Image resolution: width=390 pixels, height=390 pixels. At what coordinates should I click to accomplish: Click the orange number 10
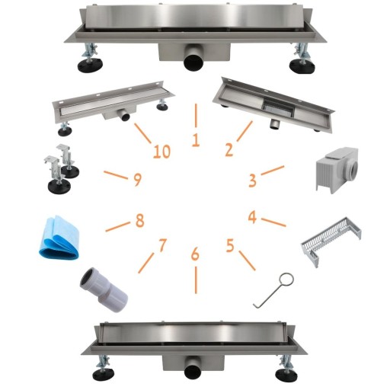(161, 152)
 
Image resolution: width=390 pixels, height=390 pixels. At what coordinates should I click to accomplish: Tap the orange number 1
(196, 140)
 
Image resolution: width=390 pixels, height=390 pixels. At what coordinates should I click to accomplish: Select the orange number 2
(229, 149)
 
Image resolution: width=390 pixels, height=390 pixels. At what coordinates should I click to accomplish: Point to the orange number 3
(252, 181)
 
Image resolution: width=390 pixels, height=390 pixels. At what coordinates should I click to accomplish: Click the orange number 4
(252, 217)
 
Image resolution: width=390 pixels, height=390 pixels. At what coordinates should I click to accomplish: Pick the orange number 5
(230, 246)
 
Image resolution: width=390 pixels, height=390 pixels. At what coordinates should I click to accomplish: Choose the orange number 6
(195, 254)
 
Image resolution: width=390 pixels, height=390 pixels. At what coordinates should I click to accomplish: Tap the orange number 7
(162, 245)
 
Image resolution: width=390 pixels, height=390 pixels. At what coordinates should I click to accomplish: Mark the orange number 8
(139, 220)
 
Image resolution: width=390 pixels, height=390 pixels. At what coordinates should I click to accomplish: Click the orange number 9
(137, 179)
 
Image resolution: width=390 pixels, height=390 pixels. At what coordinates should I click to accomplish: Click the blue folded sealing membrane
(59, 237)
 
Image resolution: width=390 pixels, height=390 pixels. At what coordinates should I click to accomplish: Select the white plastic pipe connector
(104, 290)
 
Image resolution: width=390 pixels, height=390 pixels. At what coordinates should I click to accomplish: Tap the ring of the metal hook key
(287, 280)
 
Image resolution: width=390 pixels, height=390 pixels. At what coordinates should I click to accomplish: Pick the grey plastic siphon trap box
(337, 170)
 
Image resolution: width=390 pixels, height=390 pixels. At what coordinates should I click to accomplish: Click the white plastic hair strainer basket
(331, 241)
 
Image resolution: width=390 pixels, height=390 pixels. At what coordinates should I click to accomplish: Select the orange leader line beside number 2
(245, 131)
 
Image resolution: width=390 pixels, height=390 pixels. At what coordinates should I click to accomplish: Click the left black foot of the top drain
(90, 66)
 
